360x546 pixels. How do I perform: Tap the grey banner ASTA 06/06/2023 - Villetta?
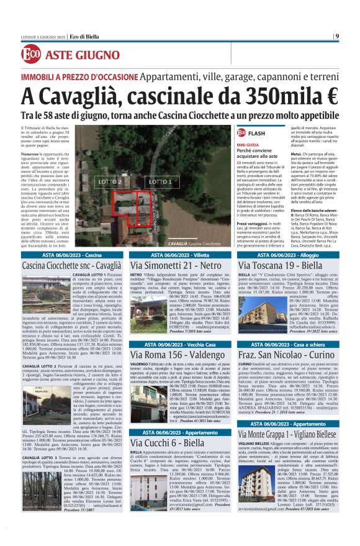pos(180,255)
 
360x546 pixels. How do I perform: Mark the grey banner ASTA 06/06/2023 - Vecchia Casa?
pos(180,344)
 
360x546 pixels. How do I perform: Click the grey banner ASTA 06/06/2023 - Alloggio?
pos(288,255)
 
